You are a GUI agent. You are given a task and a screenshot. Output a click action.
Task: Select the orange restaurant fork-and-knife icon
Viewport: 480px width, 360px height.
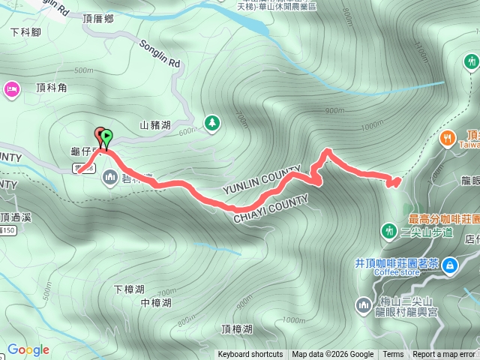click(448, 137)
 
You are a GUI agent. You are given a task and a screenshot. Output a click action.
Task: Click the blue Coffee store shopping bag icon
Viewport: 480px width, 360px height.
click(449, 264)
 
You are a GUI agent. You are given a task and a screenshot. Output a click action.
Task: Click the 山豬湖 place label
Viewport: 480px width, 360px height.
click(156, 126)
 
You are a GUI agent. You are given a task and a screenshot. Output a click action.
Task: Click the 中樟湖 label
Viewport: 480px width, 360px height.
click(156, 303)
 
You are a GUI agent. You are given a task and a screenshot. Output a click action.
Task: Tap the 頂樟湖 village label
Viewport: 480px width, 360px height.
click(237, 329)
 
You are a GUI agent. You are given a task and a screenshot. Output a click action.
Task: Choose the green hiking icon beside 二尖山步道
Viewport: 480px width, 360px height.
click(389, 230)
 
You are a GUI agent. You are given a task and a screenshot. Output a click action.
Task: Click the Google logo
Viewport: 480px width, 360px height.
click(28, 349)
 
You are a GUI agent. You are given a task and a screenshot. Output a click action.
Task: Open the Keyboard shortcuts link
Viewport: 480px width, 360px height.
click(250, 355)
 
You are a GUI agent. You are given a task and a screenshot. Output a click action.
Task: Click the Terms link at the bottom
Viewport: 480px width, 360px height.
click(393, 355)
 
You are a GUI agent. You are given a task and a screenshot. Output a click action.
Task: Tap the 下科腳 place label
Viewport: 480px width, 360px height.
click(25, 32)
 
